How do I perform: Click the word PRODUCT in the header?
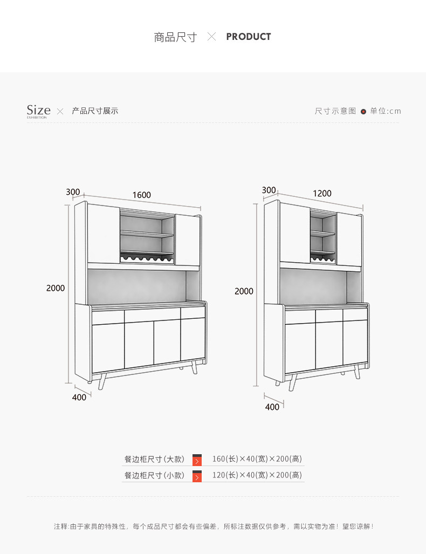(x=248, y=37)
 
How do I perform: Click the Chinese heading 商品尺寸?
(x=175, y=37)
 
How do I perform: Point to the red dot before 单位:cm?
(x=363, y=112)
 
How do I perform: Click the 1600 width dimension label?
(x=141, y=195)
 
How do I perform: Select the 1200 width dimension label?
(x=322, y=193)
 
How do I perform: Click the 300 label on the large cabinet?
(x=73, y=192)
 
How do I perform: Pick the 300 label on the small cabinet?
(x=269, y=190)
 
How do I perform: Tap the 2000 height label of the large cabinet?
(x=55, y=288)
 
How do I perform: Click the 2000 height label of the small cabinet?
(x=244, y=291)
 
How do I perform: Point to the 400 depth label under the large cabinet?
(x=79, y=397)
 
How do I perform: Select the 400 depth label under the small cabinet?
(x=272, y=407)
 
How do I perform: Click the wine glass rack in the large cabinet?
(x=147, y=258)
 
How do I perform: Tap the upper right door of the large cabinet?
(x=188, y=240)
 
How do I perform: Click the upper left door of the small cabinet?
(x=294, y=234)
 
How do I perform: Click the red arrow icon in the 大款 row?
(x=197, y=460)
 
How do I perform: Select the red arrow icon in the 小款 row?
(x=197, y=476)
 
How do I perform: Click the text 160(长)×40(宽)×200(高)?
(x=257, y=459)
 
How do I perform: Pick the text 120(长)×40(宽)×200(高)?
(x=257, y=475)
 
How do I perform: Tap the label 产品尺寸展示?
(x=95, y=111)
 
